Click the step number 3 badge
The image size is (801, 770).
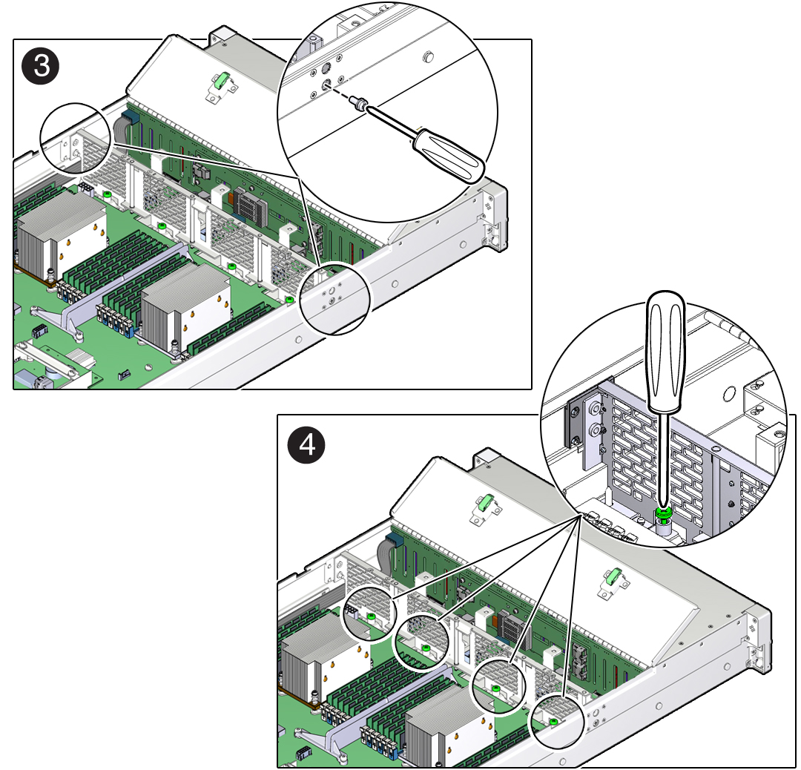coord(41,66)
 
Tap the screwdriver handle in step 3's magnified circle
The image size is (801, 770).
coord(448,155)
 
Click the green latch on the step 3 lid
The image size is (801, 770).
coord(220,81)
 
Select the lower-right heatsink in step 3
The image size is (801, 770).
coord(185,306)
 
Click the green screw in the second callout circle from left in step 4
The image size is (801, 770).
coord(425,648)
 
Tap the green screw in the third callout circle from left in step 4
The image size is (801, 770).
coord(495,689)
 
